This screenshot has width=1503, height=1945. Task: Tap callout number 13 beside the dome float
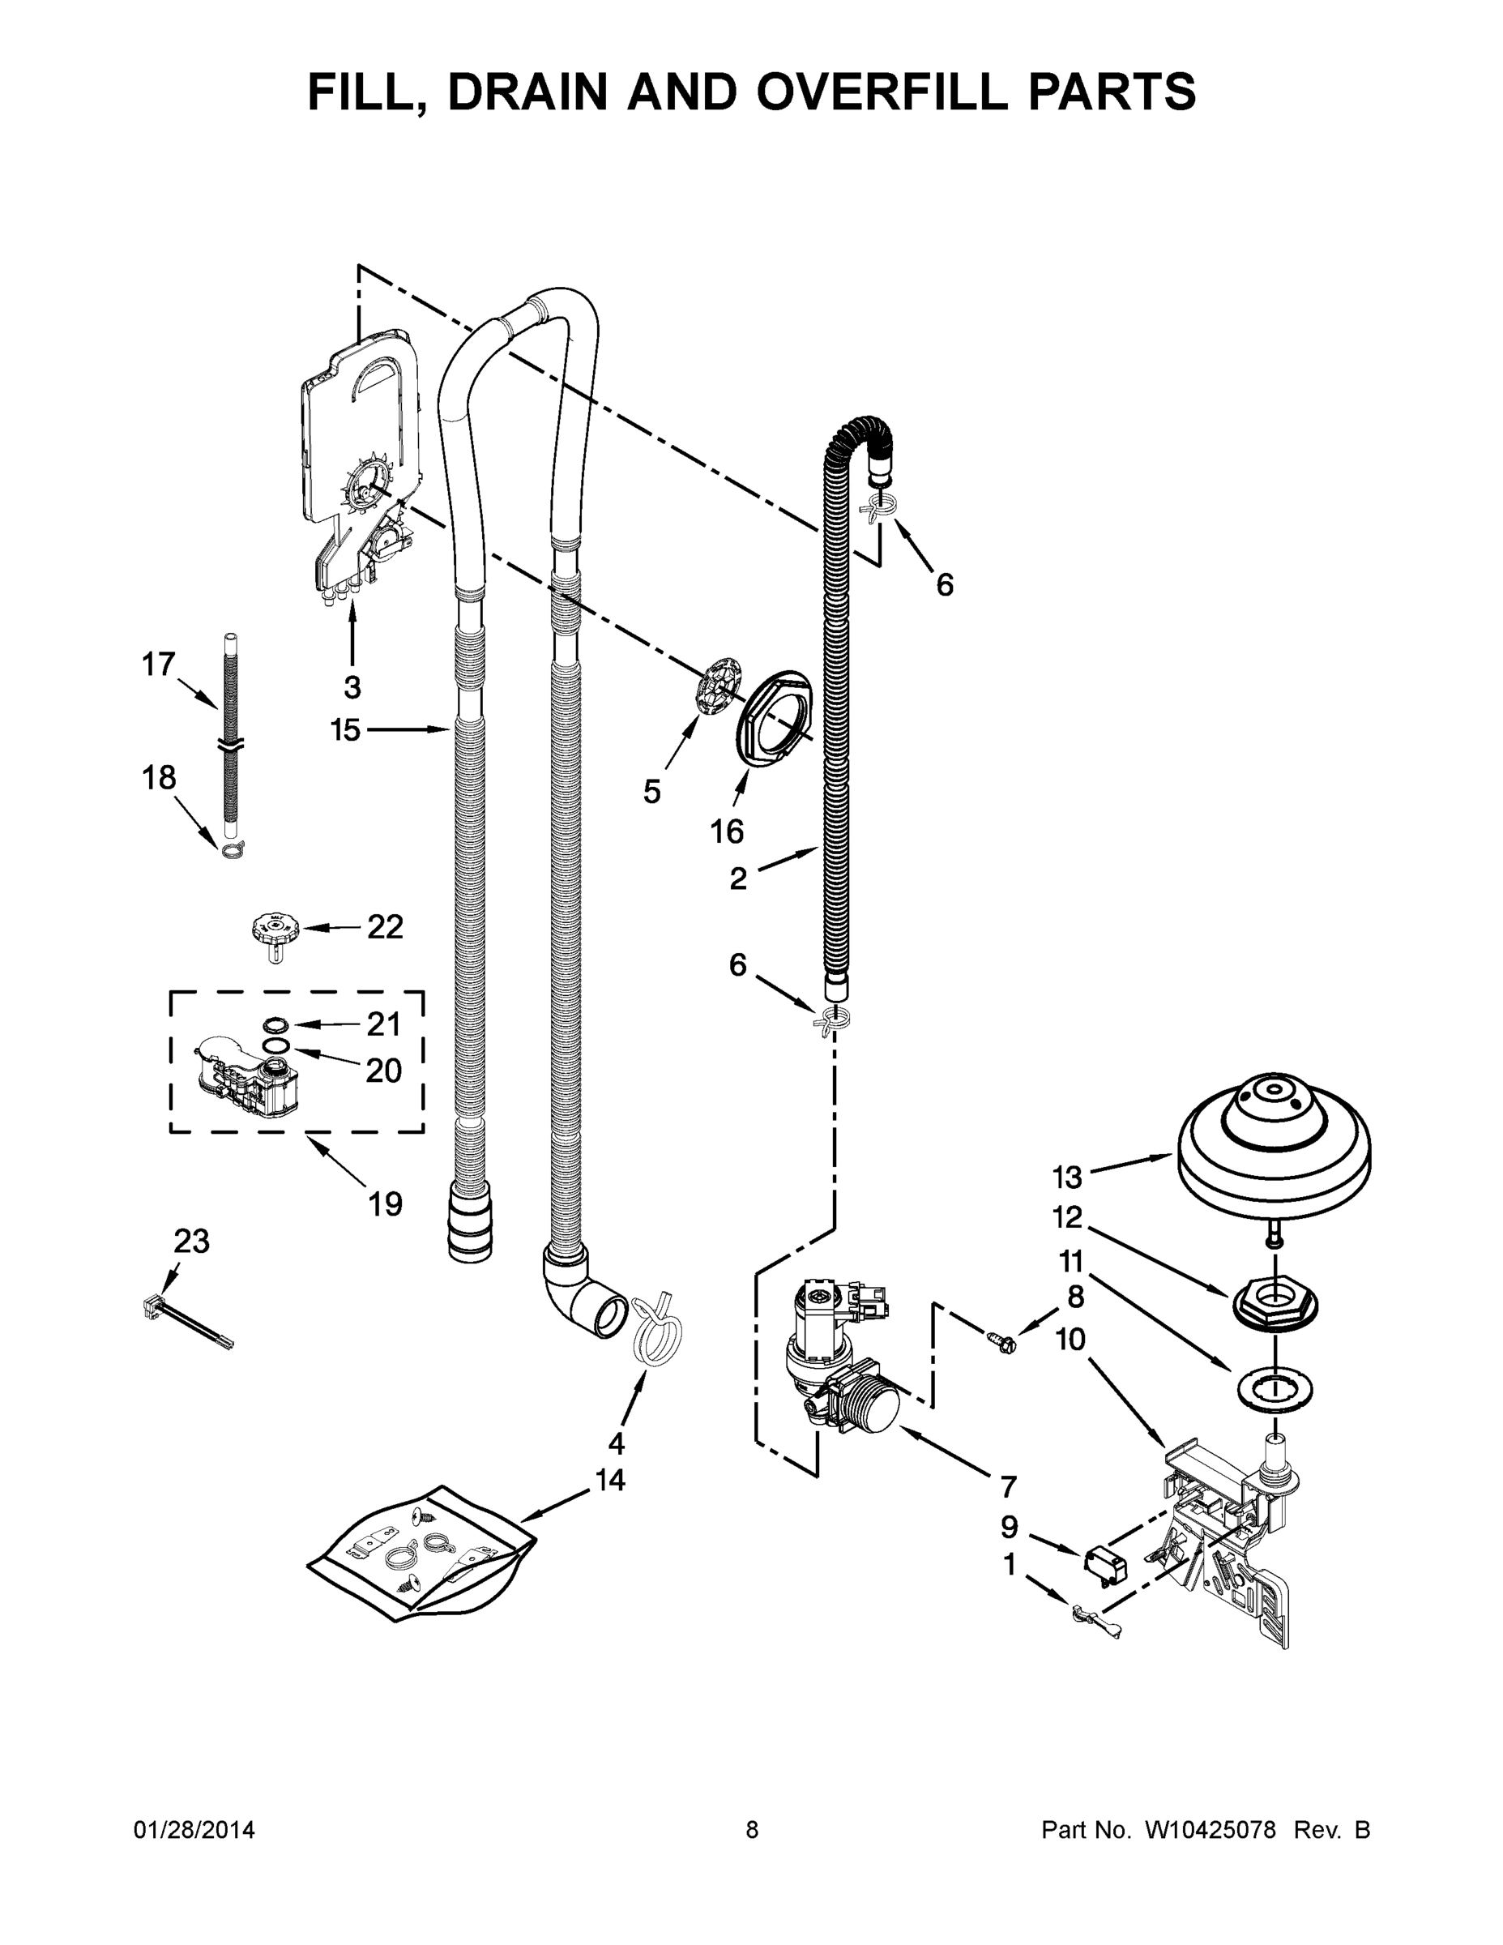tap(1067, 1178)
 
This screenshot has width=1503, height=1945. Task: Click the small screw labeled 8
tap(1000, 1362)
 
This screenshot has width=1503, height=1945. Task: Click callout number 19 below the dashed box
tap(386, 1204)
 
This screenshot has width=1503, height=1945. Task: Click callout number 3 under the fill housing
tap(352, 686)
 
